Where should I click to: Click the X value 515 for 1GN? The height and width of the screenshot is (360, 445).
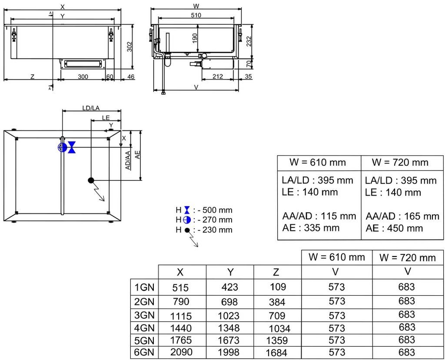point(180,287)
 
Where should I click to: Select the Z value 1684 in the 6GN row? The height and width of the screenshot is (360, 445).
point(276,353)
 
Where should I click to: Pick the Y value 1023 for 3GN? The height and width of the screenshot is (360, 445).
point(229,316)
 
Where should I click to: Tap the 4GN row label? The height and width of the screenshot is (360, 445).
point(144,328)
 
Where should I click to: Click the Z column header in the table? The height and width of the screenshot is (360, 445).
point(276,272)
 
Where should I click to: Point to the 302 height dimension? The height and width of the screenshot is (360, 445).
point(130,47)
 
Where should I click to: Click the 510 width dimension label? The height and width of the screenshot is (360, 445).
point(196,15)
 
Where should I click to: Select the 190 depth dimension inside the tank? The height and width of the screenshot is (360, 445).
point(194,38)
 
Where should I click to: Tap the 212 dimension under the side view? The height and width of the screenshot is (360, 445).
point(218,77)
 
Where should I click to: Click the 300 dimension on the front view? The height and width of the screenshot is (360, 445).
point(83,77)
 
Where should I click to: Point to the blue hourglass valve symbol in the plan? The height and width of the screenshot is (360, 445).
point(72,147)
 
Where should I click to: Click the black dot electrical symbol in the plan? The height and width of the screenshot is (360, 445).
point(91,180)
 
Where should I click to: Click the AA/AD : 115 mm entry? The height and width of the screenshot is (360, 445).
point(319,216)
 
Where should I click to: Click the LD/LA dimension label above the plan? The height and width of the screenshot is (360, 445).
point(91,108)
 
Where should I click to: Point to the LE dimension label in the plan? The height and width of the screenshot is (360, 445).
point(106,117)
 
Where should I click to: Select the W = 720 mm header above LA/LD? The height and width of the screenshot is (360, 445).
point(400,163)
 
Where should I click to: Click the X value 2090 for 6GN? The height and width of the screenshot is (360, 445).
point(181,352)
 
